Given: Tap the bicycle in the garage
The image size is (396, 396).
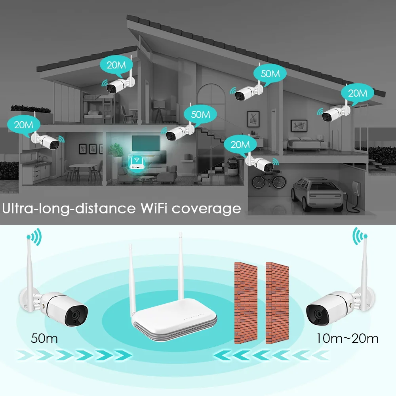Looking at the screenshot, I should (x=268, y=180).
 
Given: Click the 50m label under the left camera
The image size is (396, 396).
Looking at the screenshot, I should (x=44, y=339).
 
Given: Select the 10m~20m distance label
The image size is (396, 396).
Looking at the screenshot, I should (x=347, y=339).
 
